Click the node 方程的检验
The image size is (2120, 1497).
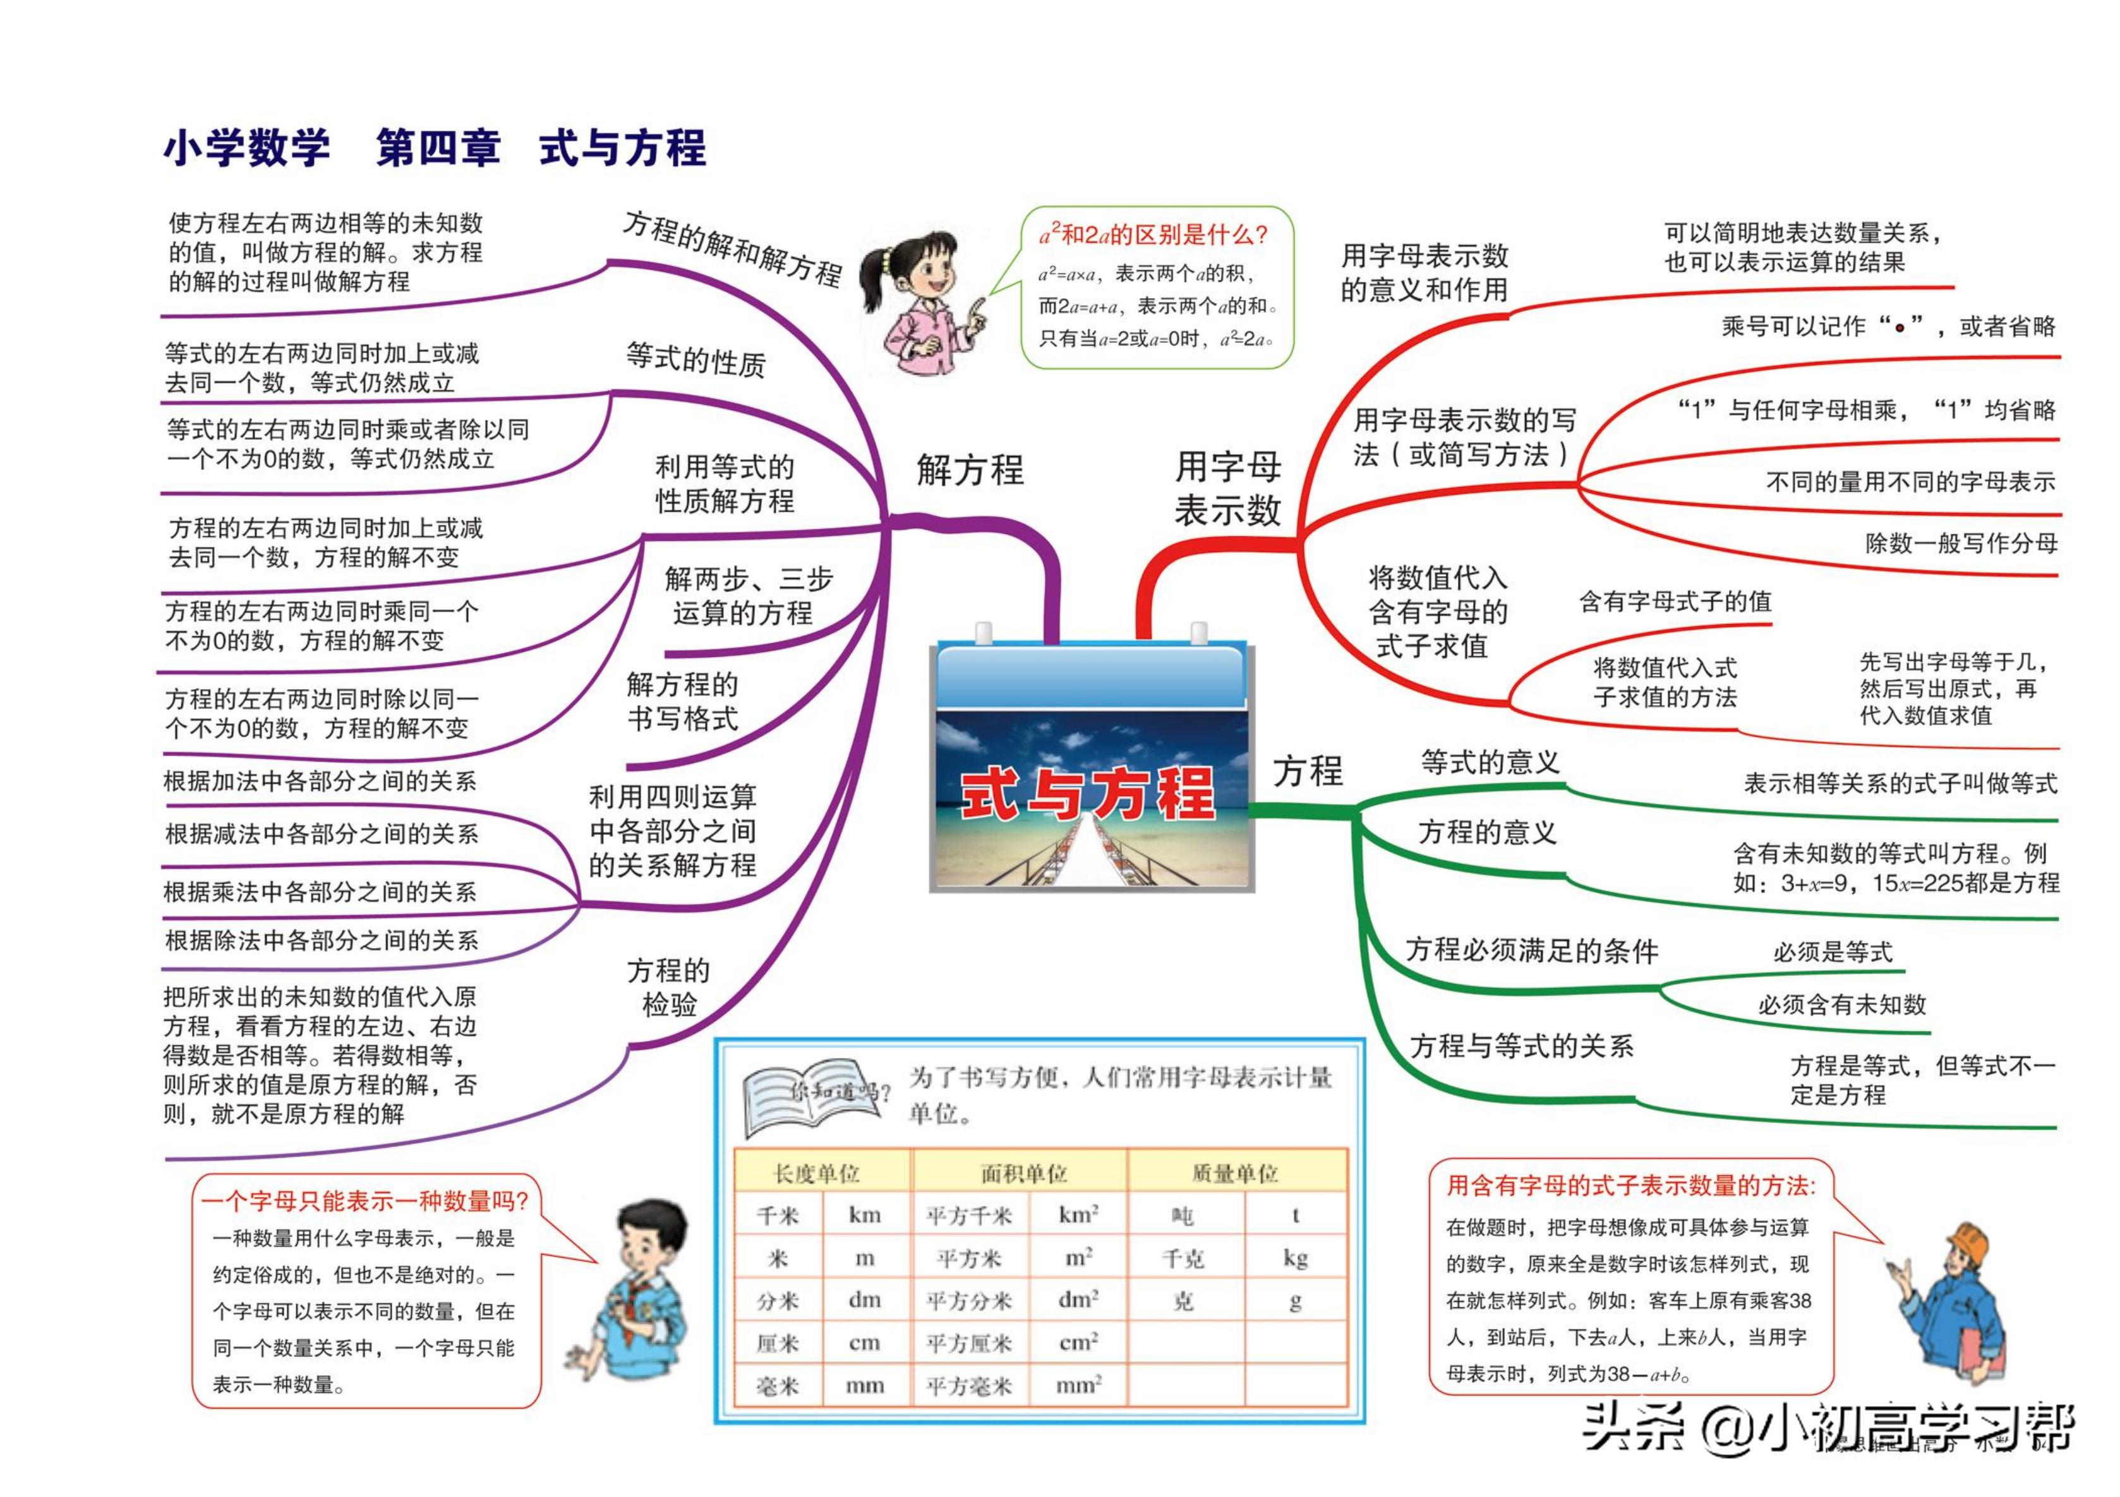click(668, 986)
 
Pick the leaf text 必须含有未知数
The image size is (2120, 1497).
click(1841, 1004)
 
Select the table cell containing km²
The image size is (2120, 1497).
click(1078, 1215)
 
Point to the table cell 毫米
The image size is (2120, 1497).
click(778, 1385)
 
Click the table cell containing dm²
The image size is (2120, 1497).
click(1078, 1299)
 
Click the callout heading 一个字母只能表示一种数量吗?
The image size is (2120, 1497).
click(364, 1201)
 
